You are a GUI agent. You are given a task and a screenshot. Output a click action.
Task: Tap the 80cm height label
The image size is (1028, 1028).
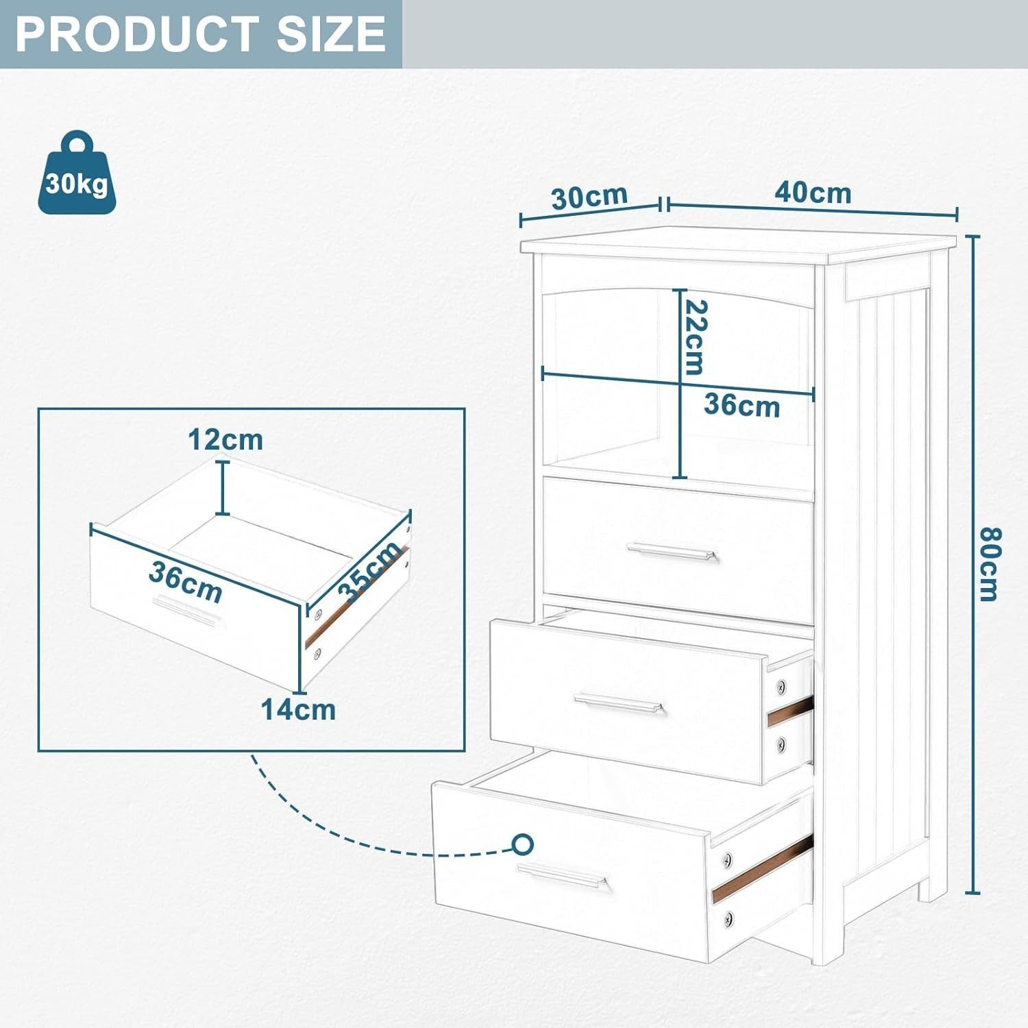point(988,563)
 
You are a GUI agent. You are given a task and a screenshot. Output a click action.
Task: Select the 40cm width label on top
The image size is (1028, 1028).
point(813,193)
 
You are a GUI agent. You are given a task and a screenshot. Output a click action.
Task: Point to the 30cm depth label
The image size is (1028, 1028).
point(589,197)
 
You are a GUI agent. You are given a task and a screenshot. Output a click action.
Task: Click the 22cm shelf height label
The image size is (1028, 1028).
point(694,337)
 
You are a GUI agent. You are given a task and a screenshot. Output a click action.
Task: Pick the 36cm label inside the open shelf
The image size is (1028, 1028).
point(742,405)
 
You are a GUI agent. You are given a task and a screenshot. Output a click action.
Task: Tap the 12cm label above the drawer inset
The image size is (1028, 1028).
point(225,439)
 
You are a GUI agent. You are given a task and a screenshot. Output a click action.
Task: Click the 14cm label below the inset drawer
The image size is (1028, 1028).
point(299,709)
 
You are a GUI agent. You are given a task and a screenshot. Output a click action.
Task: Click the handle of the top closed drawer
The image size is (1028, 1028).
point(672,552)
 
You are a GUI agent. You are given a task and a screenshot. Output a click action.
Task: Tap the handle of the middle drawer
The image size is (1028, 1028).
point(620,704)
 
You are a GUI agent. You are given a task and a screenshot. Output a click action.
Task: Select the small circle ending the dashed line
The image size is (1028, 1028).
point(523,844)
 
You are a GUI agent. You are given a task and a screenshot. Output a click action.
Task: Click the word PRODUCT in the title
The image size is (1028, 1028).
point(134,34)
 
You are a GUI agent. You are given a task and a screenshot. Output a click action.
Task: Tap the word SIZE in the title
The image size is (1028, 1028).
point(331,34)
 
